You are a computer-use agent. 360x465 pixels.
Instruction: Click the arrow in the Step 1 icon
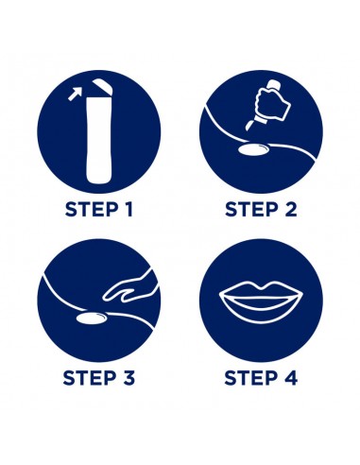(76, 94)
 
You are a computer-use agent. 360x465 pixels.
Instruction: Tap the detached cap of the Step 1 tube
(102, 86)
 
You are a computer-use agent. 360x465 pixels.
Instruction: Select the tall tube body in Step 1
(99, 140)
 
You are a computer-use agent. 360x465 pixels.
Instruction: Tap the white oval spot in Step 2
(254, 149)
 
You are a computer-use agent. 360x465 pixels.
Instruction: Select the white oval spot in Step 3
(92, 319)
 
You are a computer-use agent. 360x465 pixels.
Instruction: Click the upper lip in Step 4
(261, 290)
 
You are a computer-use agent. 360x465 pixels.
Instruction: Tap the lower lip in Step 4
(261, 313)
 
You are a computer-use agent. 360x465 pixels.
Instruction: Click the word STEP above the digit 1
(90, 209)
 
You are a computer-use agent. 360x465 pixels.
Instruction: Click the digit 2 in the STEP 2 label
(291, 209)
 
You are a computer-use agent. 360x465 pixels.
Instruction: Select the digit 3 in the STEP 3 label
(129, 378)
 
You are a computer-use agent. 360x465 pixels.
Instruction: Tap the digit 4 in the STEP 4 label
(291, 378)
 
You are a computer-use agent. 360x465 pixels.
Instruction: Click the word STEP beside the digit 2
(251, 209)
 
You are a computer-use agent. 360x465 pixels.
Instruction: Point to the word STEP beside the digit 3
(89, 378)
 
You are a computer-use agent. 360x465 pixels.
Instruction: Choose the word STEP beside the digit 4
(250, 378)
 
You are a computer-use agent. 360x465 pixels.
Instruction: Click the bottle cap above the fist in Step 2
(273, 83)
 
